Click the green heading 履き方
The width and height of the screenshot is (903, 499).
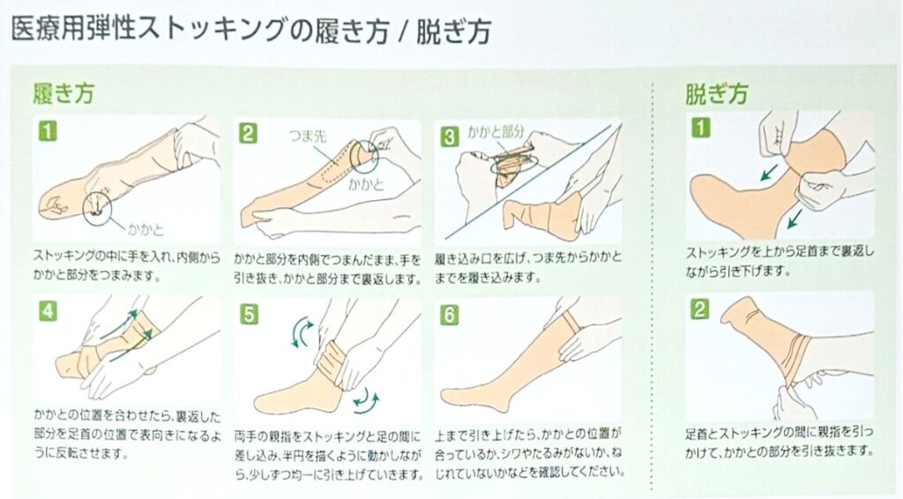coord(63,93)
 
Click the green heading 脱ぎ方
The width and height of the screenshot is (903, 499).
coord(716,93)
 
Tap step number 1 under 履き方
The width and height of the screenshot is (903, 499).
coord(48,131)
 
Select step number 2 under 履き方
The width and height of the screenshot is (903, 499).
coord(248,133)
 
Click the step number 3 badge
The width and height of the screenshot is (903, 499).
coord(449,137)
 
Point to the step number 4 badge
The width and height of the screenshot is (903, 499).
coord(48,311)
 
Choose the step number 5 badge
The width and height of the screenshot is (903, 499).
coord(249,314)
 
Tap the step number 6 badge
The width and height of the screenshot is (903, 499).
coord(449,315)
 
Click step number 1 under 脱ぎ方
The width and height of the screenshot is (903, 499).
coord(700,128)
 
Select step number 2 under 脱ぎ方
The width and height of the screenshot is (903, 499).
coord(700,309)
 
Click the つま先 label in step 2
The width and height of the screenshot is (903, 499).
coord(307,136)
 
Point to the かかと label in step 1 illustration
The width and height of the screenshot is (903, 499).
coord(146,229)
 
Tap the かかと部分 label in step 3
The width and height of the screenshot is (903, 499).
coord(496,131)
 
